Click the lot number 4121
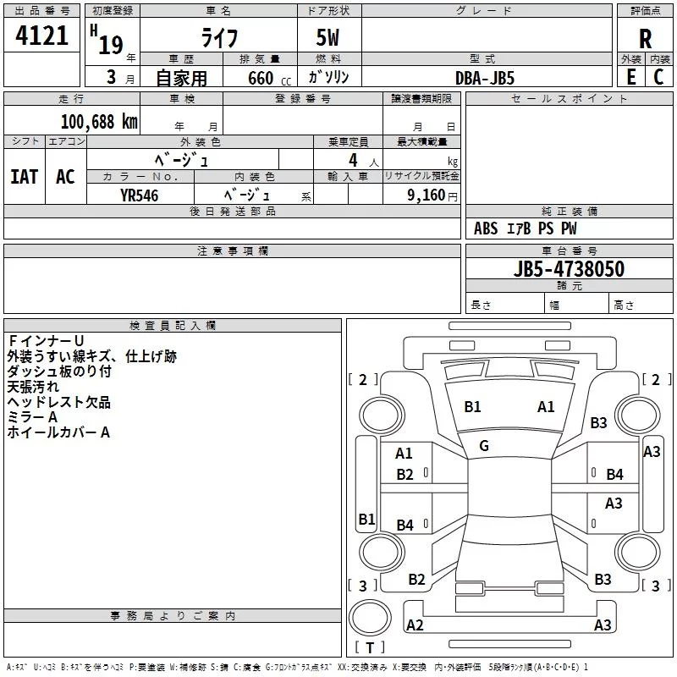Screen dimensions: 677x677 point(41,36)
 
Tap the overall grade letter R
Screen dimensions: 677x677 point(645,39)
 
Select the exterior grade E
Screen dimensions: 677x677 point(631,77)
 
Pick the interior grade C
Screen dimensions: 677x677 point(658,77)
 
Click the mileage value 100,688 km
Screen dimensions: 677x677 point(99,122)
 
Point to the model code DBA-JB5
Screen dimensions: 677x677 point(485,78)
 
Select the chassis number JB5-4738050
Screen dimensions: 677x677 point(569,268)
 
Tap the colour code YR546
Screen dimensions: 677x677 point(139,195)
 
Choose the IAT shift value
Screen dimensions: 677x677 point(25,177)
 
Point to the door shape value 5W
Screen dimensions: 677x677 point(327,37)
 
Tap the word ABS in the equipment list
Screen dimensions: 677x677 point(486,228)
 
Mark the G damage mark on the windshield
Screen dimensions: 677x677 point(484,446)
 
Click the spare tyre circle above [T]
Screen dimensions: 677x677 point(370,618)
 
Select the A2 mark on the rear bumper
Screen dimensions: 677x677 point(415,625)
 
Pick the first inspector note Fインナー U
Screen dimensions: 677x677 point(46,341)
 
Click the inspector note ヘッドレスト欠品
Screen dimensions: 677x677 point(58,403)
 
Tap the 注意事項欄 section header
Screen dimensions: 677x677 point(232,250)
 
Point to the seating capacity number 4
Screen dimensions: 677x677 point(353,160)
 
